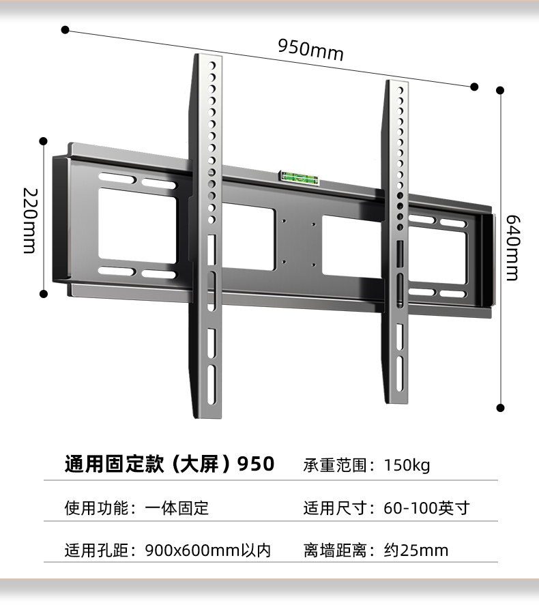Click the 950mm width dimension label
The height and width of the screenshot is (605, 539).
pyautogui.click(x=310, y=49)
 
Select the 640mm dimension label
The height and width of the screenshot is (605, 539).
pyautogui.click(x=513, y=248)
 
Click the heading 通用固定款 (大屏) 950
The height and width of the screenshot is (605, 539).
pyautogui.click(x=169, y=464)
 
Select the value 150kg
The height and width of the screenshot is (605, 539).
pyautogui.click(x=407, y=465)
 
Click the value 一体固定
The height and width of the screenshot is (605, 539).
pyautogui.click(x=177, y=508)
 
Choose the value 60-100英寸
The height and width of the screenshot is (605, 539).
pyautogui.click(x=426, y=508)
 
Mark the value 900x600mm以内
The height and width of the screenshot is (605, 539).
pyautogui.click(x=208, y=550)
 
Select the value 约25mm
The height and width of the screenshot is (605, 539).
pyautogui.click(x=416, y=550)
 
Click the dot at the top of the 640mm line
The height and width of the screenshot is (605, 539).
pyautogui.click(x=500, y=90)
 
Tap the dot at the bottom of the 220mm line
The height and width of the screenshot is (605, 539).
pyautogui.click(x=44, y=294)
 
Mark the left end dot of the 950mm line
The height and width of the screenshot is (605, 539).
pyautogui.click(x=65, y=29)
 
